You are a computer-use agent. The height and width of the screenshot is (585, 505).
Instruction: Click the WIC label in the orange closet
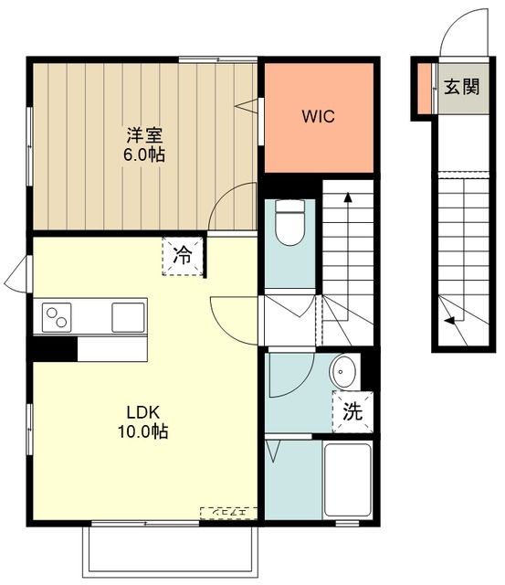[x=319, y=117]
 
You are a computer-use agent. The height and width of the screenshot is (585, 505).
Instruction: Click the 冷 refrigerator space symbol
[x=184, y=255]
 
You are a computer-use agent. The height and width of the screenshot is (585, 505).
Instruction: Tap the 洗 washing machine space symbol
[x=353, y=411]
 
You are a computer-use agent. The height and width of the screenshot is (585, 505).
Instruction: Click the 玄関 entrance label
[x=462, y=88]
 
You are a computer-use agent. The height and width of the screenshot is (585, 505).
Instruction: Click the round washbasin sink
[x=344, y=372]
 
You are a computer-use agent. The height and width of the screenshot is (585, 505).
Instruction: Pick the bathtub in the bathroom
[x=348, y=480]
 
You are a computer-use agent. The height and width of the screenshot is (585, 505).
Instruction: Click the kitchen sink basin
[x=125, y=317]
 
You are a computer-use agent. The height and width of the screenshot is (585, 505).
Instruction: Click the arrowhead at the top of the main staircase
[x=348, y=195]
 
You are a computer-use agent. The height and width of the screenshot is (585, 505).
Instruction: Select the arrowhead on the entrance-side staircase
[x=448, y=320]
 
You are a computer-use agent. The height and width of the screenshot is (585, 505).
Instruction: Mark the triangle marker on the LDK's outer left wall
[x=14, y=272]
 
